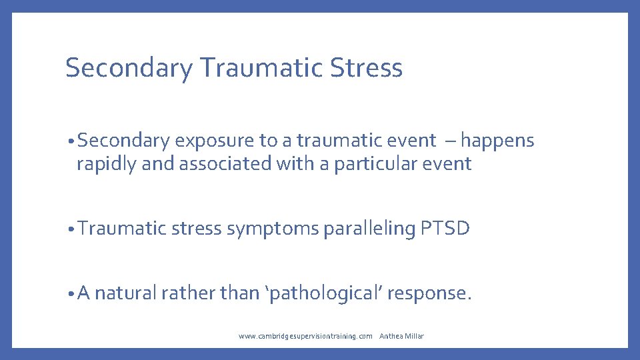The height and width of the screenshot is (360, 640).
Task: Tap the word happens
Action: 497,141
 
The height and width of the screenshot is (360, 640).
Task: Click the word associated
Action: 229,164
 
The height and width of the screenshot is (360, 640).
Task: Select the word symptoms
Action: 273,229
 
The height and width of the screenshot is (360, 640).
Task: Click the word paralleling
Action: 370,229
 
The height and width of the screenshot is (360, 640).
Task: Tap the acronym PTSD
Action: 445,229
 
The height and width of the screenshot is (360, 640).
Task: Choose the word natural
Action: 125,293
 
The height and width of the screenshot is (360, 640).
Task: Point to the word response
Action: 429,293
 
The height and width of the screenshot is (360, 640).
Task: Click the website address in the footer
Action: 305,336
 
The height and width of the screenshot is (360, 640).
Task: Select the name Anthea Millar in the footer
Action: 401,336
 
